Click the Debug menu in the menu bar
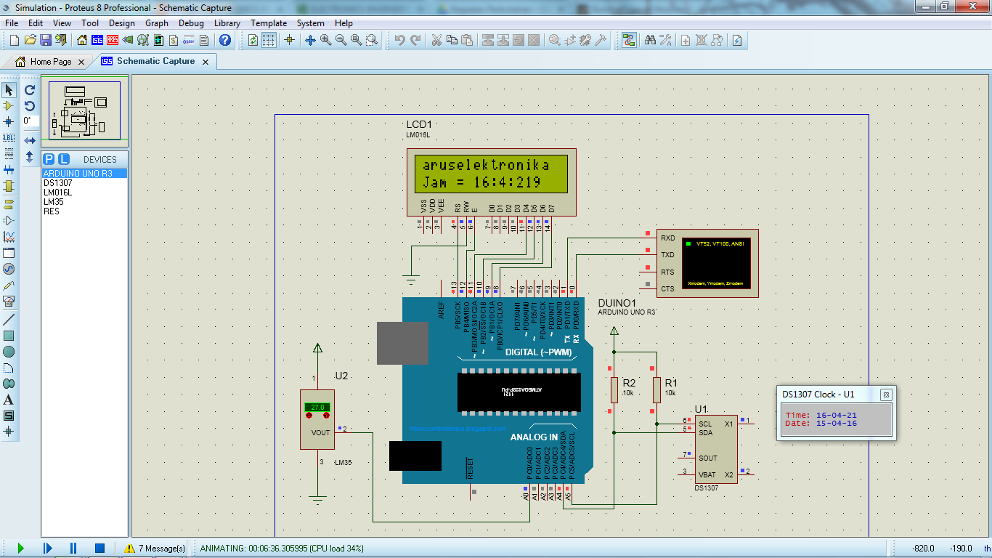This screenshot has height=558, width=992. (x=191, y=23)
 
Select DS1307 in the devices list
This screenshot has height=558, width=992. (x=57, y=183)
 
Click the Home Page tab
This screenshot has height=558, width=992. (x=50, y=62)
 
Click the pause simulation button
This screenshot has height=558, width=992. (x=73, y=548)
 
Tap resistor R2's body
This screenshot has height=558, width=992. (x=614, y=389)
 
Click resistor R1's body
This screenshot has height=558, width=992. (x=656, y=389)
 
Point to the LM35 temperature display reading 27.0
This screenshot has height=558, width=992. (x=317, y=408)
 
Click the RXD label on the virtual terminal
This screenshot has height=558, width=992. (x=667, y=238)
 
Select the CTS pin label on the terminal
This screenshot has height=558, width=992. (x=667, y=288)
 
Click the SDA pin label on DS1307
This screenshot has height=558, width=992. (x=704, y=432)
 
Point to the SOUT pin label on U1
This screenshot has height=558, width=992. (x=707, y=458)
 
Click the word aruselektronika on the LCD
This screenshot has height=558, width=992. (x=486, y=166)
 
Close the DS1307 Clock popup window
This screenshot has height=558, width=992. (x=886, y=395)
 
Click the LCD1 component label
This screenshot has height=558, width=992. (x=419, y=125)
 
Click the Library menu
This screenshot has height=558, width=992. (x=227, y=23)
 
